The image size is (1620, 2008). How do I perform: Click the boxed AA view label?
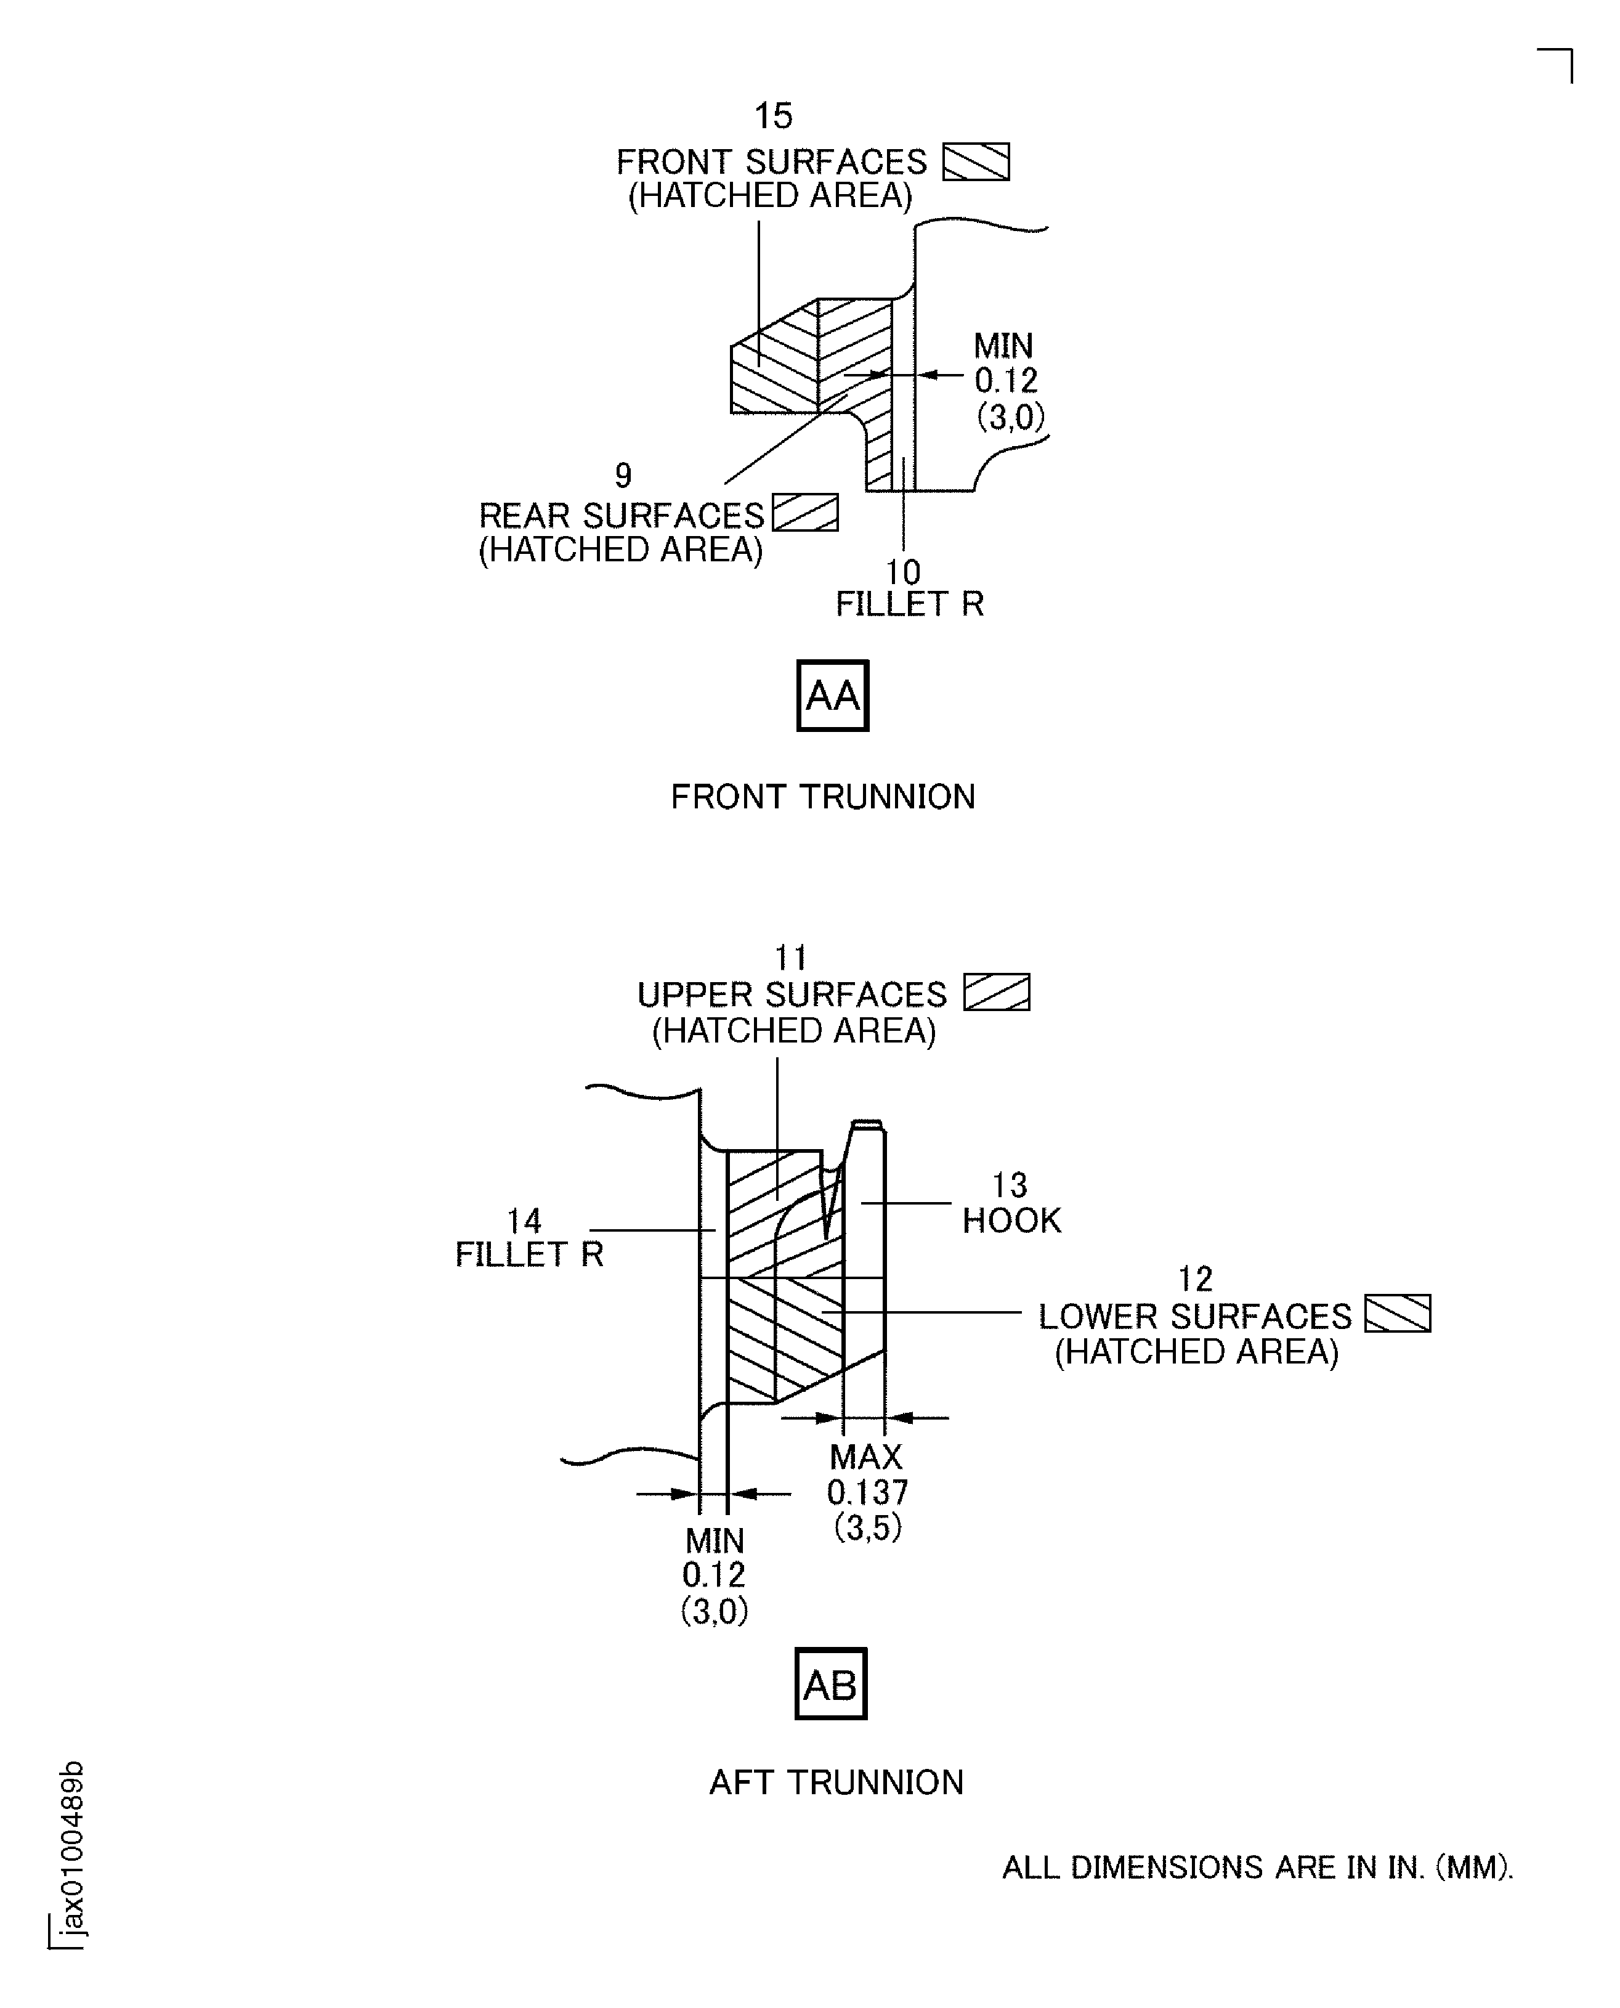pyautogui.click(x=832, y=696)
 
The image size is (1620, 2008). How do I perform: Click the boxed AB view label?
pyautogui.click(x=830, y=1683)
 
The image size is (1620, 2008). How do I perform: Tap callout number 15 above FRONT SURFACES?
pyautogui.click(x=772, y=116)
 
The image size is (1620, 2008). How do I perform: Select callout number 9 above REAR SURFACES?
pyautogui.click(x=623, y=476)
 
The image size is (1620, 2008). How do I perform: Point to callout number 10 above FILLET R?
pyautogui.click(x=902, y=571)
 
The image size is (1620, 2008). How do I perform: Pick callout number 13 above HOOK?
pyautogui.click(x=1009, y=1185)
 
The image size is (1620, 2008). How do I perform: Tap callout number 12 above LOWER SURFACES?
pyautogui.click(x=1196, y=1278)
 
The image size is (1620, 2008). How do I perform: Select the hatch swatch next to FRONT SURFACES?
pyautogui.click(x=975, y=161)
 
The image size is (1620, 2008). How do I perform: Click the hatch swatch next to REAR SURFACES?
pyautogui.click(x=805, y=513)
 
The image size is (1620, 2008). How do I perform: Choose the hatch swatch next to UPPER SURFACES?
pyautogui.click(x=997, y=993)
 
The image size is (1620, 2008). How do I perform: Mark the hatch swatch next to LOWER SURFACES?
pyautogui.click(x=1397, y=1314)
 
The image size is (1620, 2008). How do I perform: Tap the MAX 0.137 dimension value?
pyautogui.click(x=867, y=1492)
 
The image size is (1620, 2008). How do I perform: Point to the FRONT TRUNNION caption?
pyautogui.click(x=822, y=797)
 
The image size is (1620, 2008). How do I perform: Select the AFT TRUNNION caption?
pyautogui.click(x=836, y=1782)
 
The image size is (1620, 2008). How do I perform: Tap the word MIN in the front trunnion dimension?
pyautogui.click(x=1003, y=346)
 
